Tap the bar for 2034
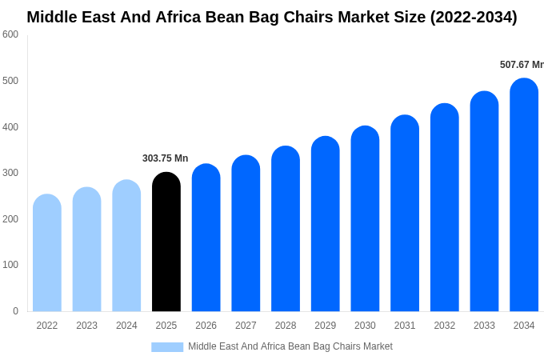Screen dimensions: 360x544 524,195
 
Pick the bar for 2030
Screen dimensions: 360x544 365,219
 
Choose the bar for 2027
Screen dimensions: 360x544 246,234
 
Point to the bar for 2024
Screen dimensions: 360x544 126,246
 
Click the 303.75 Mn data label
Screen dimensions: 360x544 165,158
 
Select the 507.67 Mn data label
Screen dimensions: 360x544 521,65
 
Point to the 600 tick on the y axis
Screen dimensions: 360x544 10,34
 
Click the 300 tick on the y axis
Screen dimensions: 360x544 10,173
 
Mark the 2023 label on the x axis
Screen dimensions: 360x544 86,326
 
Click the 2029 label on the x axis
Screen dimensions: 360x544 325,326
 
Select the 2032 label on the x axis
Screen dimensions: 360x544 444,326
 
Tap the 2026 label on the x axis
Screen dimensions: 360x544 206,326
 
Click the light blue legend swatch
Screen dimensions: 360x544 167,347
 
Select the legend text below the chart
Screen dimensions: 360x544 290,346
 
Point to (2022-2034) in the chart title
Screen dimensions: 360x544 474,17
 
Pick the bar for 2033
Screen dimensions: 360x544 484,202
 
